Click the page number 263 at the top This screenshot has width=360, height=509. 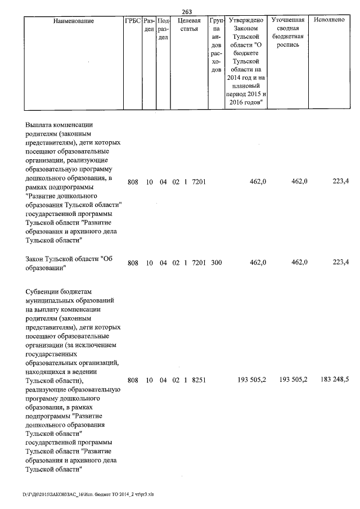(187, 12)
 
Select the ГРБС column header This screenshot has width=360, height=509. (133, 21)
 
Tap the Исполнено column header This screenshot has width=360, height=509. (330, 20)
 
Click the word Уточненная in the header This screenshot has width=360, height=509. (288, 20)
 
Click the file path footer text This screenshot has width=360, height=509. (88, 494)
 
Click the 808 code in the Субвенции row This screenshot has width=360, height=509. (133, 380)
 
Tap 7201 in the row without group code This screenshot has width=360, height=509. (199, 182)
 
